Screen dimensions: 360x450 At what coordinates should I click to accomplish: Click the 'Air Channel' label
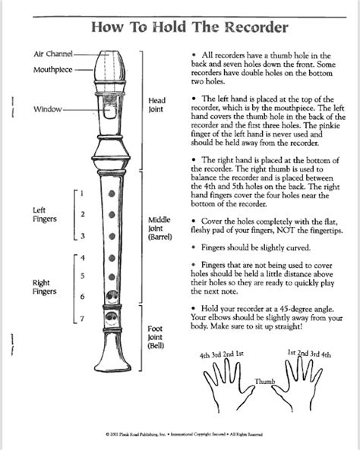coord(52,55)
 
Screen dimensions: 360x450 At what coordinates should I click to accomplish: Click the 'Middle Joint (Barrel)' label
coord(159,228)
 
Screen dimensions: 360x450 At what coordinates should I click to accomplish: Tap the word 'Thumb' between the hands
coord(264,381)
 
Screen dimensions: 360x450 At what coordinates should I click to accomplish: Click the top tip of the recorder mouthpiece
coord(112,52)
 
